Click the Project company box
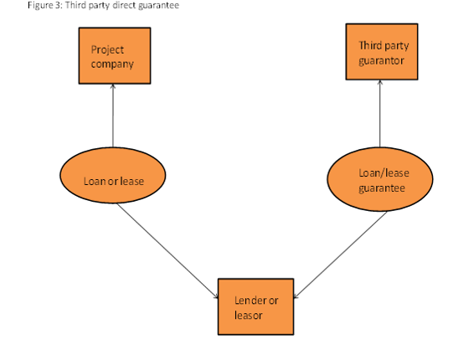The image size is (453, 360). click(115, 56)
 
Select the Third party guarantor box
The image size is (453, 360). click(382, 52)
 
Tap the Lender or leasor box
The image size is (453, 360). click(255, 307)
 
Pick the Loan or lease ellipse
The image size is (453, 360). click(113, 175)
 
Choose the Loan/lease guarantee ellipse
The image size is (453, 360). click(380, 179)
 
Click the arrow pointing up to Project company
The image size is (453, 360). click(113, 116)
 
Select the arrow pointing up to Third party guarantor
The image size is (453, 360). click(380, 114)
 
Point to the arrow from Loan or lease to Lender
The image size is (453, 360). click(167, 251)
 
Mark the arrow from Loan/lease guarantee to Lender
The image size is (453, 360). click(340, 255)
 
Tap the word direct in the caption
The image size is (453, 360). click(124, 5)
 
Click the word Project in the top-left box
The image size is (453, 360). click(107, 50)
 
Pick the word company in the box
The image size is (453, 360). click(112, 64)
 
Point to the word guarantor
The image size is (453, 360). click(381, 61)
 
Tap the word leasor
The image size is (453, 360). click(248, 315)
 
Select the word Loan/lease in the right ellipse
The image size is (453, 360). click(384, 173)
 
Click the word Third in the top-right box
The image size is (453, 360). click(370, 45)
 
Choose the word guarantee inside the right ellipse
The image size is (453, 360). click(382, 188)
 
